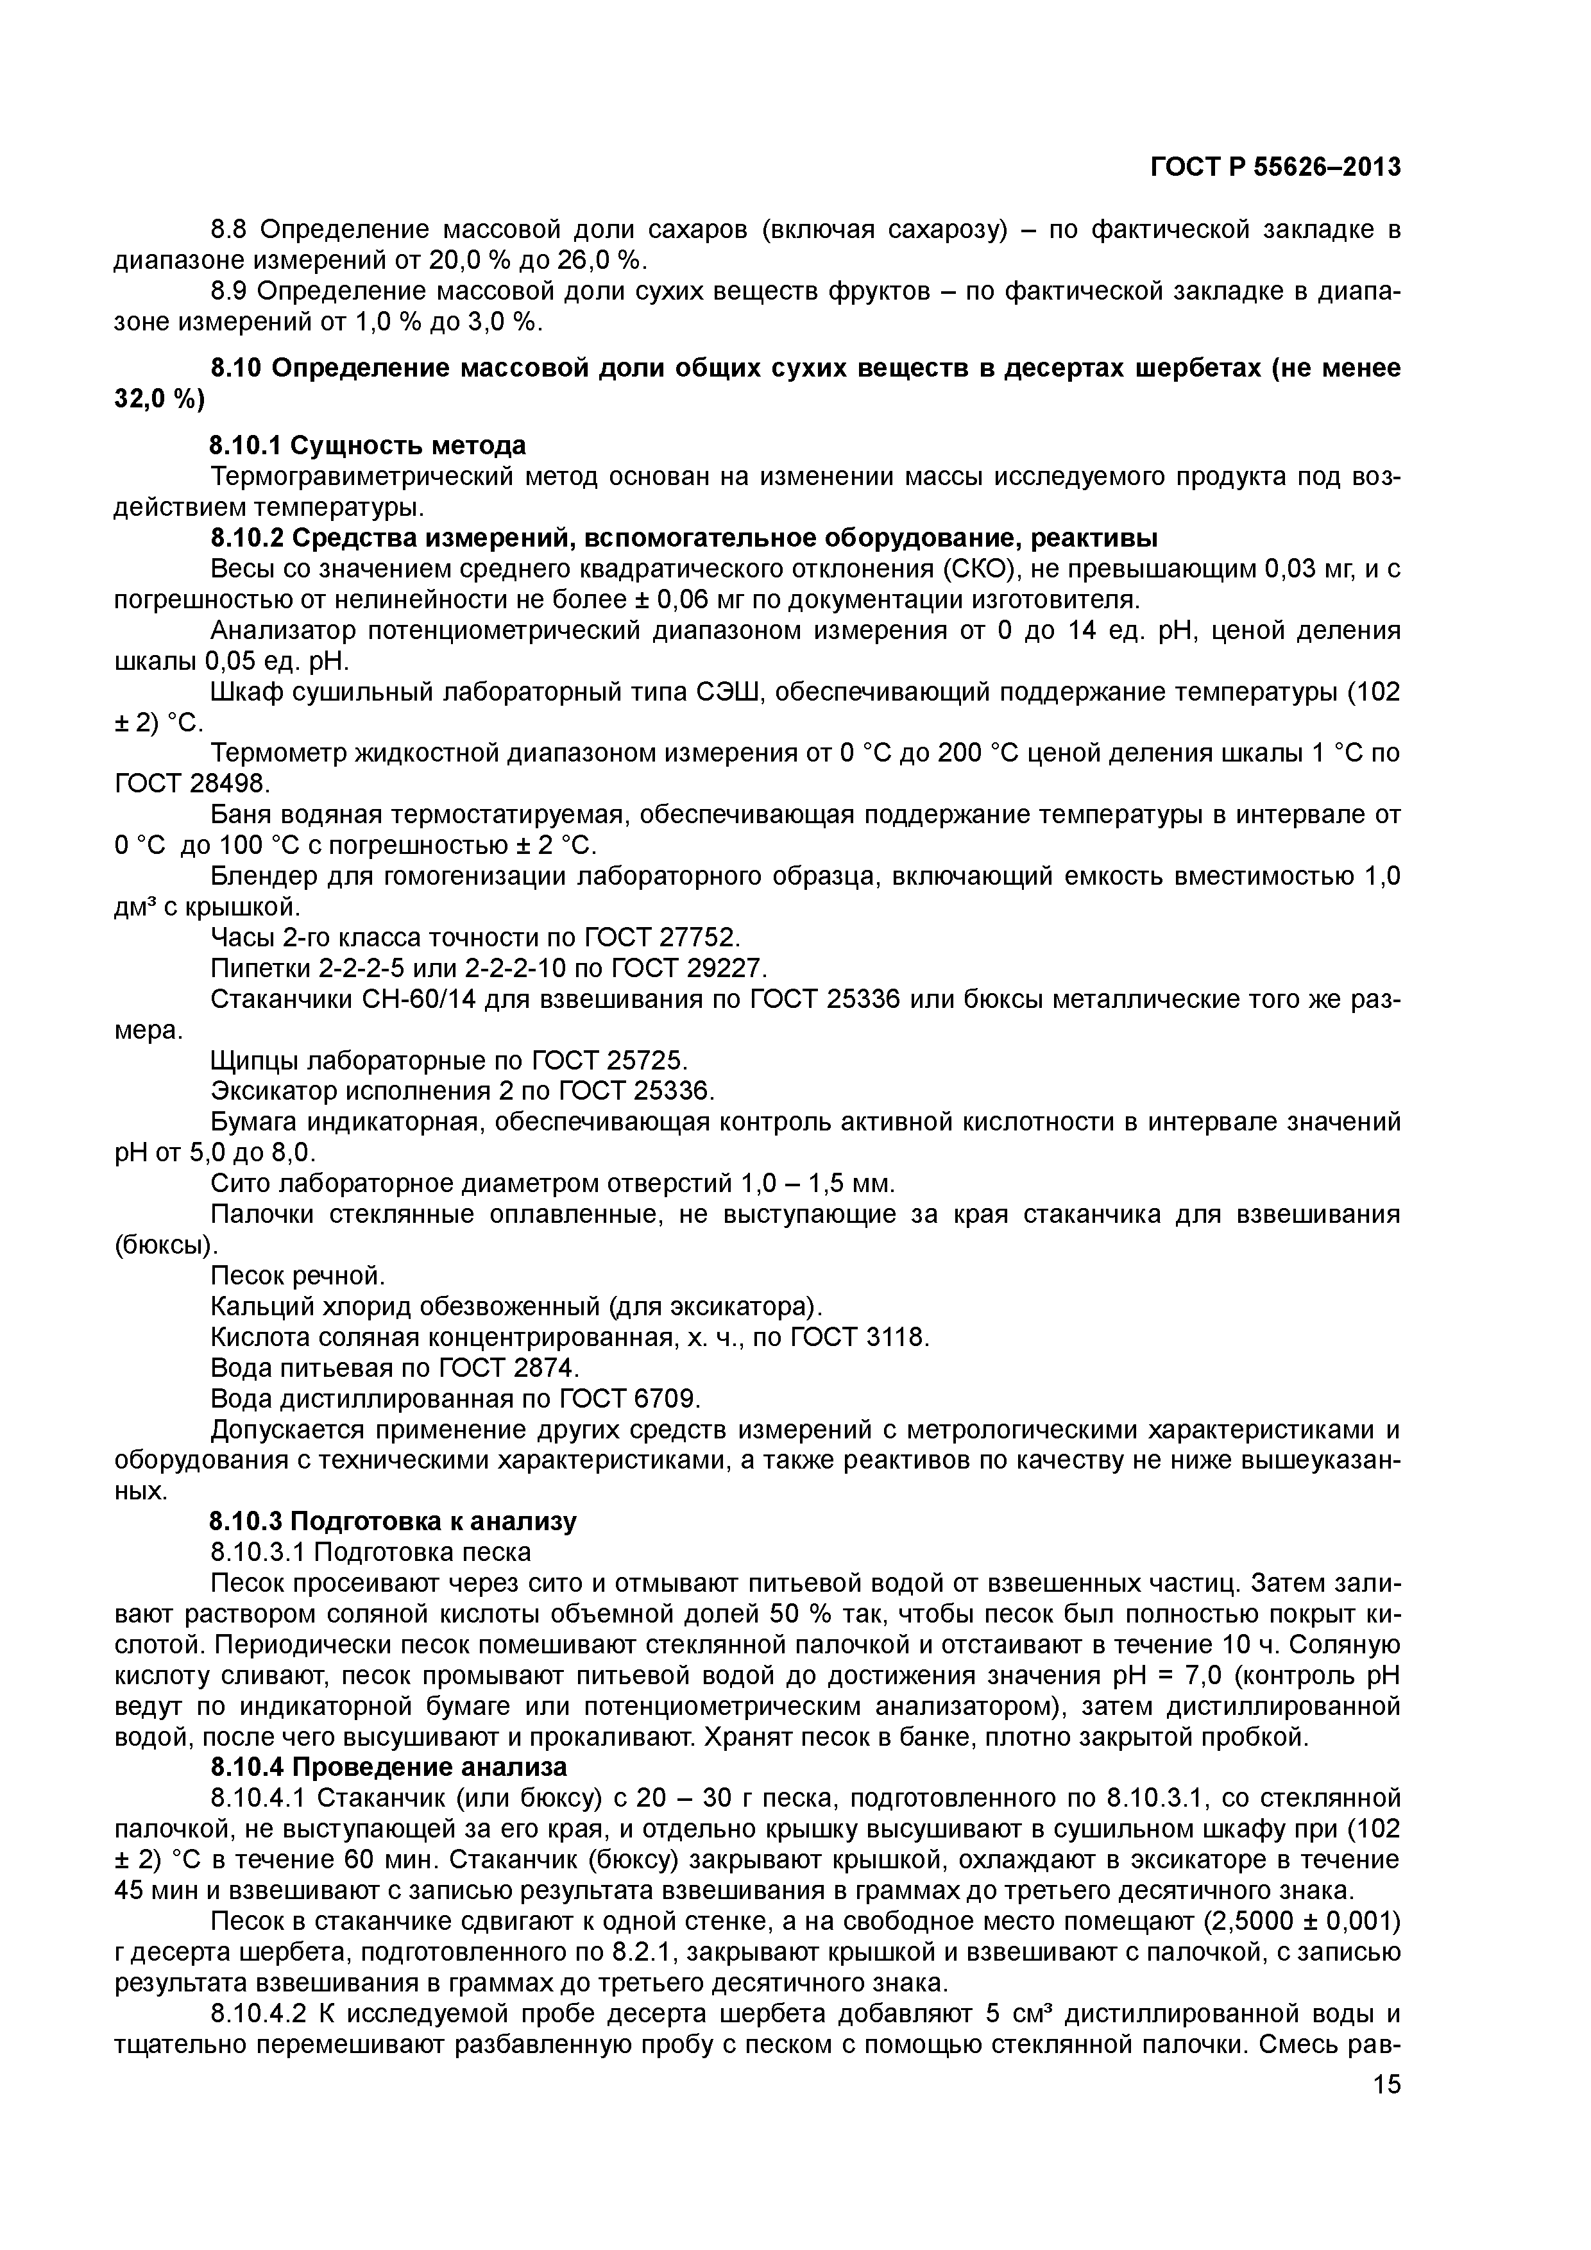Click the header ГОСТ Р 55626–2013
(x=1275, y=167)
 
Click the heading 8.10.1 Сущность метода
(x=368, y=446)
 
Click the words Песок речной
(x=299, y=1276)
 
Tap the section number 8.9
(x=230, y=292)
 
